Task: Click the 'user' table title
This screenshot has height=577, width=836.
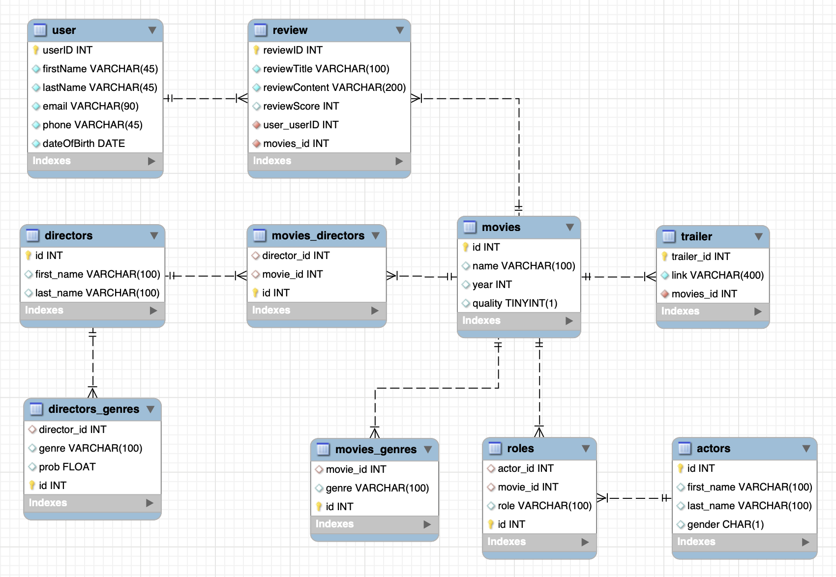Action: point(64,30)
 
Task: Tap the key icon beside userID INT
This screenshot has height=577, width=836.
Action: point(36,50)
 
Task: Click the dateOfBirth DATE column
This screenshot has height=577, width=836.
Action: point(84,144)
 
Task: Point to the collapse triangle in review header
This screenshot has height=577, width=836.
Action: point(400,30)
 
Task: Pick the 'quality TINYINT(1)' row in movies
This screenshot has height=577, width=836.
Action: point(514,303)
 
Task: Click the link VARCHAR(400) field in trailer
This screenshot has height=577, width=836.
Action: point(717,275)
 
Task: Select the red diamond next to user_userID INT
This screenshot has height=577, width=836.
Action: point(257,125)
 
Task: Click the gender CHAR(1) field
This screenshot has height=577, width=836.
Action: point(725,524)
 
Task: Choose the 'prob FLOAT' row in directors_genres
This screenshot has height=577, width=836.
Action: point(67,467)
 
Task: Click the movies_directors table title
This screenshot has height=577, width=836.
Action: point(318,236)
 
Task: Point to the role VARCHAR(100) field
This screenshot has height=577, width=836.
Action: point(544,506)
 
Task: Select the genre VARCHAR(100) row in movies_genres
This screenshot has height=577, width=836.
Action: point(377,488)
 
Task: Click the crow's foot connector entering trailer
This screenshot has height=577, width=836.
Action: point(650,277)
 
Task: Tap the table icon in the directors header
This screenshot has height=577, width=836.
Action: point(32,236)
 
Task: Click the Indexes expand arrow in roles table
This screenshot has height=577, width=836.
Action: point(585,542)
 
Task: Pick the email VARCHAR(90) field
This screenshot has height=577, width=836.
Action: point(90,106)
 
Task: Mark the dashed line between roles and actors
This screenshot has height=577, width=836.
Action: point(634,498)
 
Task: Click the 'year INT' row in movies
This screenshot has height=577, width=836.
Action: point(492,285)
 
